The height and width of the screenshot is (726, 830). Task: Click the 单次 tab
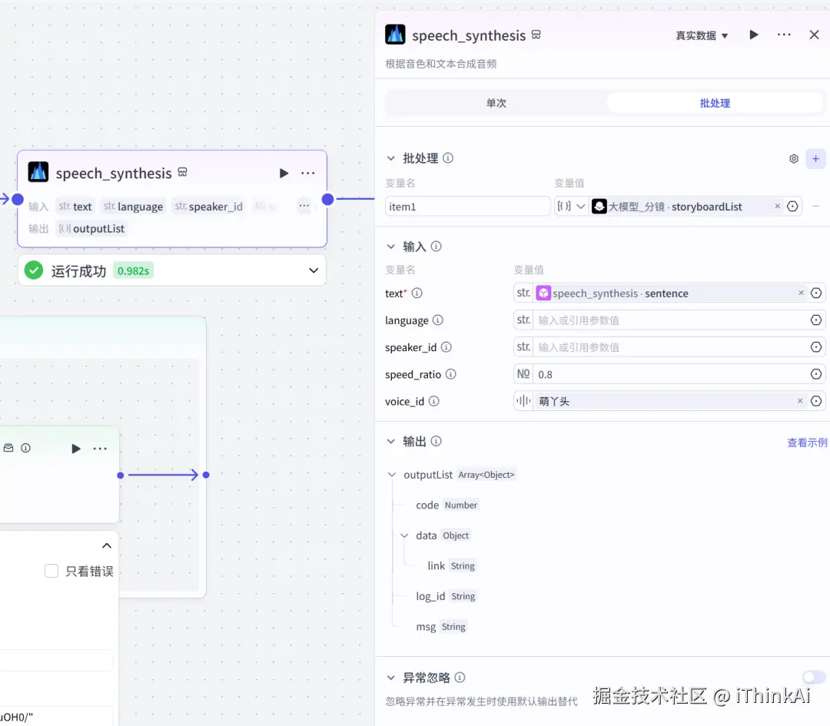(496, 103)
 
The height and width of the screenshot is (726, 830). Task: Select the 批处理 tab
(715, 103)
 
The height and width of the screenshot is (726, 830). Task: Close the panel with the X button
(814, 35)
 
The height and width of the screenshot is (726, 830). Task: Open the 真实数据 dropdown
(702, 35)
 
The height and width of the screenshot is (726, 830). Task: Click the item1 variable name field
(467, 206)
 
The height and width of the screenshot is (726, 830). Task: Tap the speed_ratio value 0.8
(669, 374)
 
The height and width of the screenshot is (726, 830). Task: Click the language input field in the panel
(669, 320)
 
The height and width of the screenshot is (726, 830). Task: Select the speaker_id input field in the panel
(669, 347)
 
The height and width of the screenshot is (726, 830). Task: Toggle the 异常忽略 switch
(813, 677)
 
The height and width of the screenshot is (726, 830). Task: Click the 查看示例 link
(807, 443)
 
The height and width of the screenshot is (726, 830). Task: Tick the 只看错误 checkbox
(51, 571)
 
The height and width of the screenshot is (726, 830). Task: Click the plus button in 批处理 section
(815, 158)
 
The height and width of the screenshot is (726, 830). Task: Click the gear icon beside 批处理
(794, 158)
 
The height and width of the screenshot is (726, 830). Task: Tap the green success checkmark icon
(33, 270)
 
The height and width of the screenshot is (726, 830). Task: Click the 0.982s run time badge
(133, 270)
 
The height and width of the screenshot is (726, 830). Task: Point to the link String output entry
(437, 565)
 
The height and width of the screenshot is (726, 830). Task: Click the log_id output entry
(430, 596)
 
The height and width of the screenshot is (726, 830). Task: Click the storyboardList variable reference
(676, 206)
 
